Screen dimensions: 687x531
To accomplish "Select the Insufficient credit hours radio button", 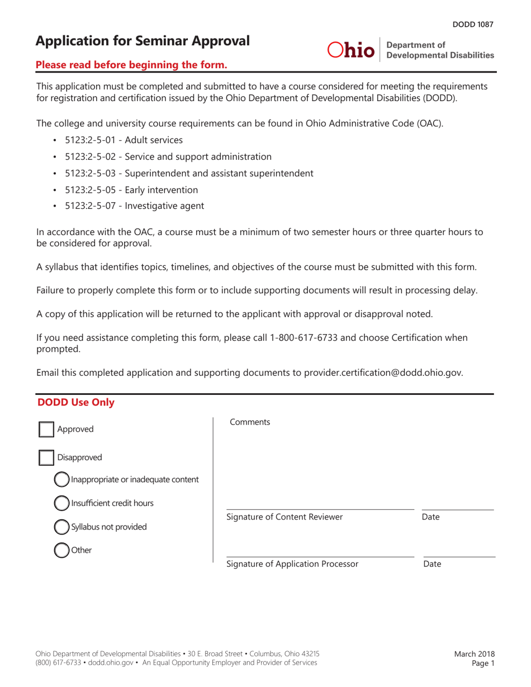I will [61, 503].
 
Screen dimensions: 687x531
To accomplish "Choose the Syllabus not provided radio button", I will [61, 527].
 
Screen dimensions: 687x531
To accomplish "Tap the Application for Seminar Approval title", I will [143, 41].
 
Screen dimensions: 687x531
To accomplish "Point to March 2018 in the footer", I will [474, 653].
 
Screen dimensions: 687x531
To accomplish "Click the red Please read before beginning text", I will [131, 65].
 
